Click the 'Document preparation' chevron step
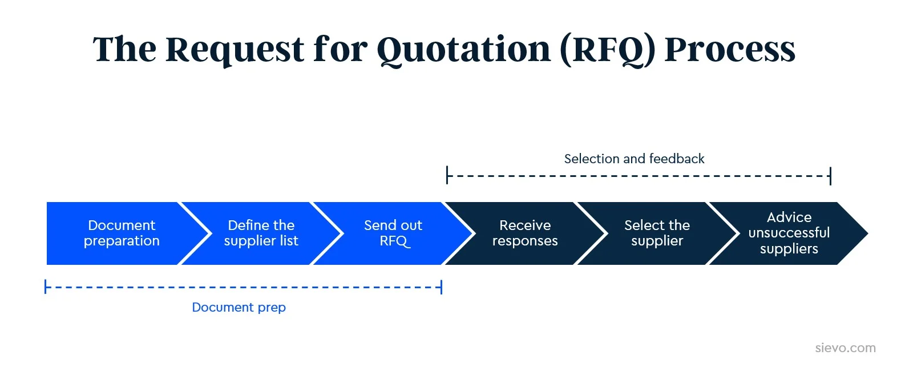tap(122, 233)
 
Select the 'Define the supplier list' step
tap(261, 233)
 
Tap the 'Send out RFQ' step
tap(393, 233)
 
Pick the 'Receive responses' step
tap(525, 233)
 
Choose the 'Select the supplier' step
tap(657, 233)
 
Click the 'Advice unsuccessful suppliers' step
tap(789, 233)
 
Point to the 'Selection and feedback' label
tap(634, 159)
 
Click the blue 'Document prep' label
tap(239, 307)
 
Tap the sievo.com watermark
tap(845, 348)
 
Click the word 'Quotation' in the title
tap(463, 50)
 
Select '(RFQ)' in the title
tap(607, 50)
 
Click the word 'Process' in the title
tap(730, 50)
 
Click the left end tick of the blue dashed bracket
tap(46, 287)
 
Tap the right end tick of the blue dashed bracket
tap(442, 287)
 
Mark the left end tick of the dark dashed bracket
tap(447, 175)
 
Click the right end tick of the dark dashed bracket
tap(830, 175)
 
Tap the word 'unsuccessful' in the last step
tap(789, 233)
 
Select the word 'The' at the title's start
tap(124, 50)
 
